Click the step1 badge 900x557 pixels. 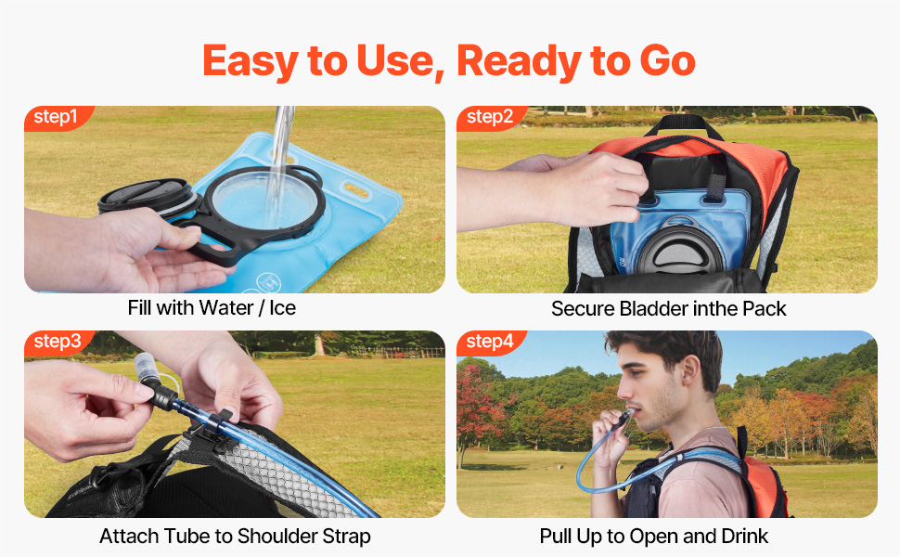click(56, 117)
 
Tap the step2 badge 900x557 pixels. click(489, 117)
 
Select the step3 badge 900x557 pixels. click(57, 342)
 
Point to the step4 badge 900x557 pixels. click(490, 342)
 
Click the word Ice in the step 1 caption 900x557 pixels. click(282, 308)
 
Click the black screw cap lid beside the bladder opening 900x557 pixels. click(146, 195)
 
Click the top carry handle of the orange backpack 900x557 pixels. click(684, 125)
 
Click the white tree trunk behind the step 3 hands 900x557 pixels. click(317, 344)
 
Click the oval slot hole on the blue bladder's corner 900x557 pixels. click(356, 190)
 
